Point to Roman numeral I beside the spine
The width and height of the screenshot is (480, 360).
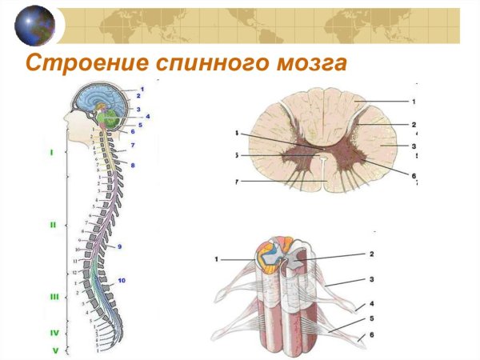coord(52,150)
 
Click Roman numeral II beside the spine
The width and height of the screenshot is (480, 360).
coord(53,225)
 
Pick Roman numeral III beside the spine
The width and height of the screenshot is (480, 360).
coord(54,296)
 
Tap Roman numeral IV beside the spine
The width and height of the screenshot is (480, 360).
coord(54,332)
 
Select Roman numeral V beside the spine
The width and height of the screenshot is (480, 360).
coord(54,350)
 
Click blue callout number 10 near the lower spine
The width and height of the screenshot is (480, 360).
coord(122,281)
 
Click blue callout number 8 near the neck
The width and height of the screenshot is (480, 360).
coord(134,165)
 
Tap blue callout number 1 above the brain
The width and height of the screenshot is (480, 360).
coord(142,88)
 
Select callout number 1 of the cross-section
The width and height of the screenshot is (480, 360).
coord(414,102)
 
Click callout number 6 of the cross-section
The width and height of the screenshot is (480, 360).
coord(414,175)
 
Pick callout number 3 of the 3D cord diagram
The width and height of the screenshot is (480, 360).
coord(371,280)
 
